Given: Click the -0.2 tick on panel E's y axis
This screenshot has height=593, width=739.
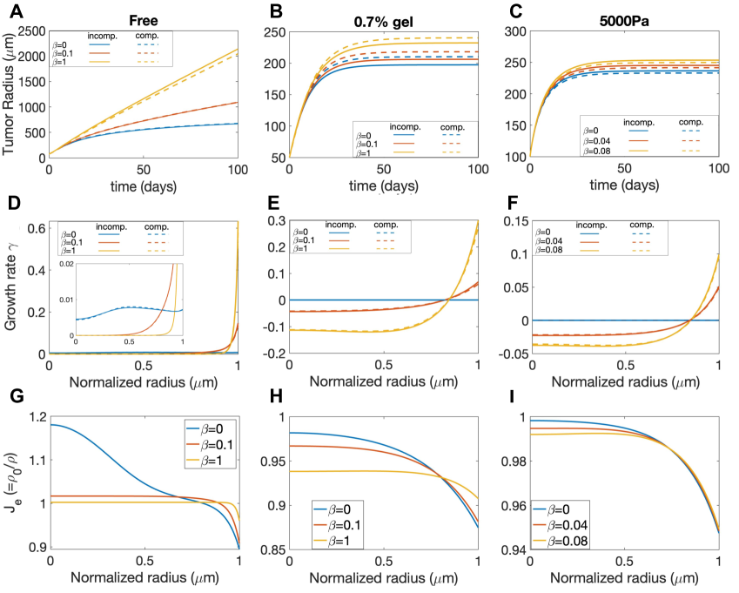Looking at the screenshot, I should tap(274, 354).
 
